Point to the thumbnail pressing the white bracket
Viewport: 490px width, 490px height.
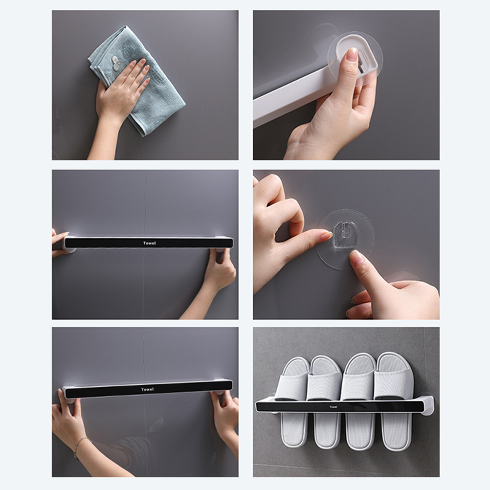click(353, 54)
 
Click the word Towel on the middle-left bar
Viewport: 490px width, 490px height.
click(149, 243)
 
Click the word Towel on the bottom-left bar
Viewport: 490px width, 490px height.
click(147, 389)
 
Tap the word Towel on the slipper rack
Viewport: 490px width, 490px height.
click(334, 407)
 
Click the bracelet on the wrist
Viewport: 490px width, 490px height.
click(80, 447)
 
